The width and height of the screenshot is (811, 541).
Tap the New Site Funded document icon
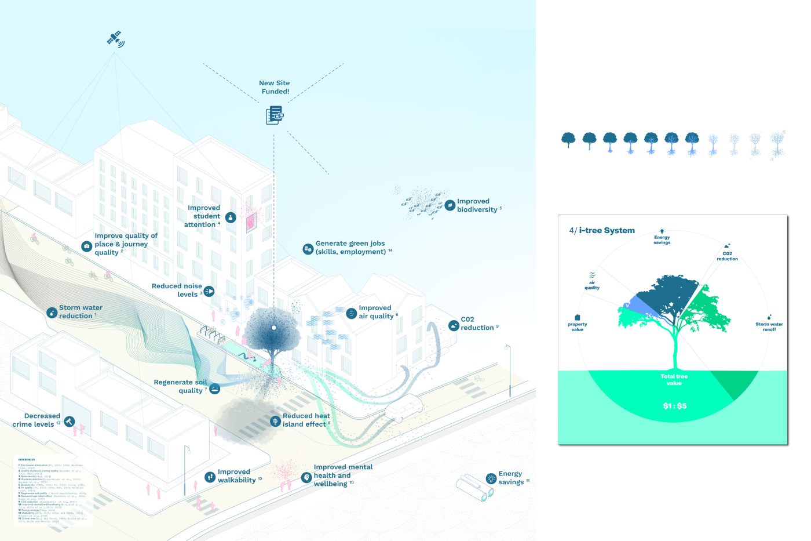(x=275, y=115)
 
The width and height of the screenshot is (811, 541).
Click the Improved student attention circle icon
(x=231, y=217)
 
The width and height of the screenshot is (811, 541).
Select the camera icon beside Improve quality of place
(x=86, y=246)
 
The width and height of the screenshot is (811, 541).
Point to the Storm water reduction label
(x=80, y=312)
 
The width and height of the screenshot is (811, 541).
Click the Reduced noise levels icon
(x=209, y=291)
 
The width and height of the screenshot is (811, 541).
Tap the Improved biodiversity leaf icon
(x=450, y=205)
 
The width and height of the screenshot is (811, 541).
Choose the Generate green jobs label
(x=350, y=248)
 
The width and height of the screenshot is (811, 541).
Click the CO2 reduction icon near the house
(x=454, y=326)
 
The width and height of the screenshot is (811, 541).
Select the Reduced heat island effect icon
(x=275, y=421)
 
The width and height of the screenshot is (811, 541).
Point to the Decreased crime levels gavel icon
(x=70, y=422)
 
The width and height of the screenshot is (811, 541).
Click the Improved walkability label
(x=236, y=476)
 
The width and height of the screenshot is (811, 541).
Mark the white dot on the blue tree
(x=274, y=328)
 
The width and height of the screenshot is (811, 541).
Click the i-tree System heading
(x=607, y=231)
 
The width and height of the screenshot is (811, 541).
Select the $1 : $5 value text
(x=675, y=406)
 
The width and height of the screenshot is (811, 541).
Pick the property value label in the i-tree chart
(x=578, y=326)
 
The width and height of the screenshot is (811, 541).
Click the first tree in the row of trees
(x=568, y=140)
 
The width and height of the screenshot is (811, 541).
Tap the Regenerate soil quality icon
(x=214, y=388)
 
